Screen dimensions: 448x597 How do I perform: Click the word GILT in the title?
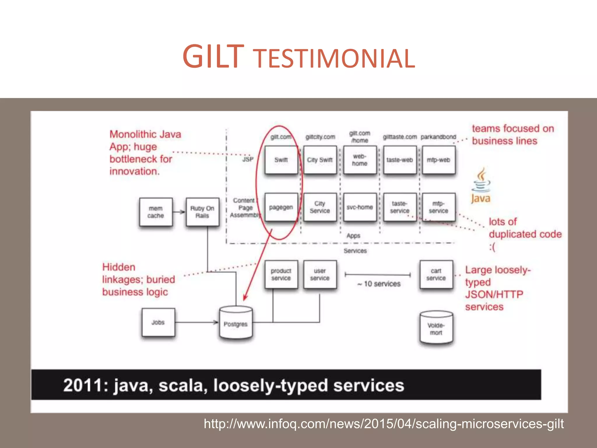pyautogui.click(x=213, y=57)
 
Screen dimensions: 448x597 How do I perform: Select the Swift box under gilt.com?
pyautogui.click(x=281, y=160)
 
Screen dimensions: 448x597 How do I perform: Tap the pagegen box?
pyautogui.click(x=281, y=207)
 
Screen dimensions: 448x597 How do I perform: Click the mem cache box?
pyautogui.click(x=156, y=212)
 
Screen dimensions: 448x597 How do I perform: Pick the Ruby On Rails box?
pyautogui.click(x=202, y=212)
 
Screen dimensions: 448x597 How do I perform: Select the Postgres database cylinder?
pyautogui.click(x=236, y=323)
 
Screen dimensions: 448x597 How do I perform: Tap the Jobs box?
pyautogui.click(x=158, y=322)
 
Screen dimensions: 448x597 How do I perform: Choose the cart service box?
pyautogui.click(x=436, y=274)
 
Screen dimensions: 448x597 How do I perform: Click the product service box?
pyautogui.click(x=281, y=274)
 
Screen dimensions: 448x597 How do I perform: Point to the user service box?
pyautogui.click(x=320, y=274)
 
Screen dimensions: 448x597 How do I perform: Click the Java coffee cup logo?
pyautogui.click(x=481, y=181)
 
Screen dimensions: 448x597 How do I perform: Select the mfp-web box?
pyautogui.click(x=438, y=160)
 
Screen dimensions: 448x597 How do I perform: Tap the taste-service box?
pyautogui.click(x=400, y=207)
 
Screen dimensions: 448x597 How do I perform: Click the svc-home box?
pyautogui.click(x=360, y=207)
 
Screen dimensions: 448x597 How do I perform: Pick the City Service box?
pyautogui.click(x=320, y=207)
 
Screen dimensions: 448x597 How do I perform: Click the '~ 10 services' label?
pyautogui.click(x=379, y=284)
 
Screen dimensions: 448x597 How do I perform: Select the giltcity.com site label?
pyautogui.click(x=320, y=137)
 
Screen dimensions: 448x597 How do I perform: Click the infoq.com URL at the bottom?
pyautogui.click(x=384, y=424)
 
